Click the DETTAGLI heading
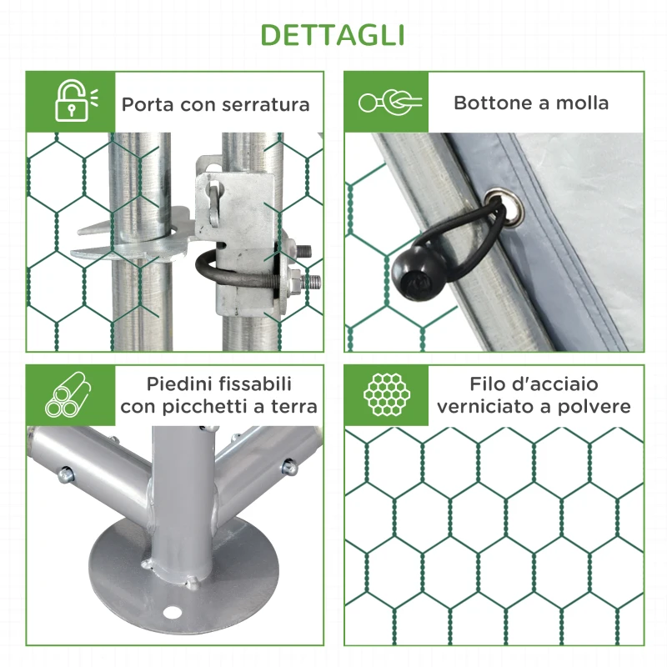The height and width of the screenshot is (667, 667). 333,35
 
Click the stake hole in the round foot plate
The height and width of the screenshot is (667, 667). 174,612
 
